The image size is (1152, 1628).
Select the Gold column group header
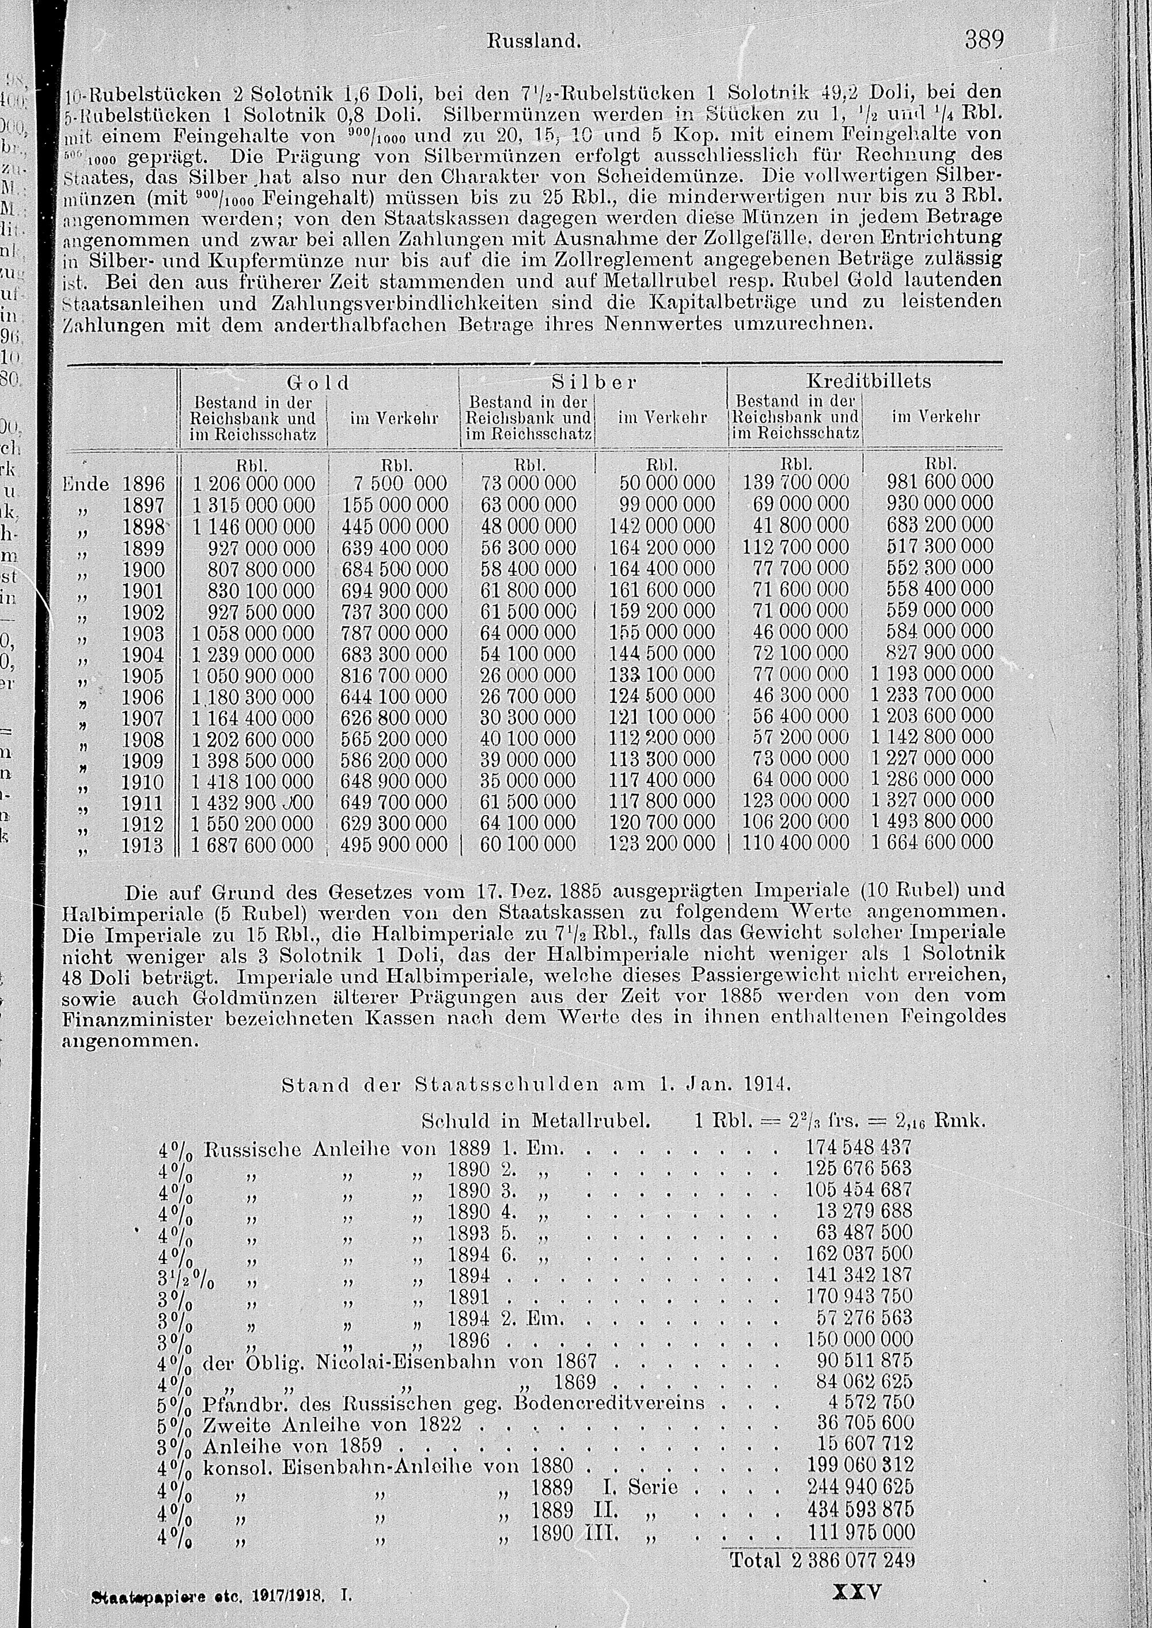point(318,382)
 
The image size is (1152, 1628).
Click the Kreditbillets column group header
point(864,382)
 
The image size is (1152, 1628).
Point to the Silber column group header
point(594,382)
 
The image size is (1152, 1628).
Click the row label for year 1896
point(143,484)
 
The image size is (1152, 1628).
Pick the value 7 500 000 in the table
point(399,484)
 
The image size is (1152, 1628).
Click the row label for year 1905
point(143,675)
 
